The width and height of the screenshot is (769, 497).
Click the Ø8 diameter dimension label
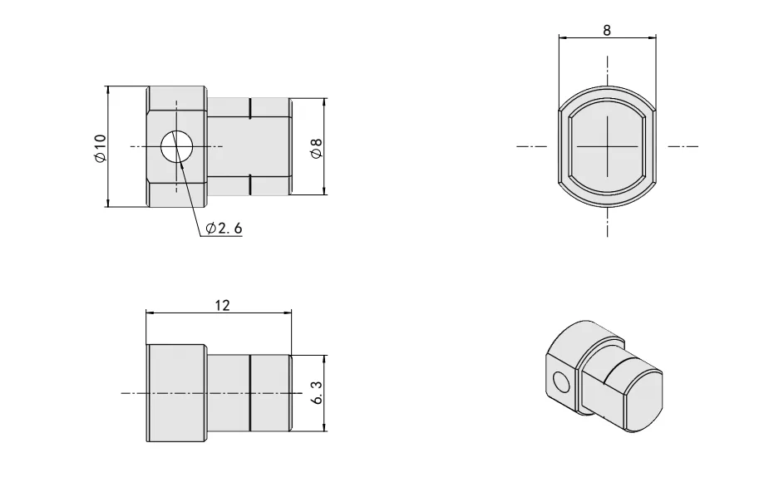[316, 148]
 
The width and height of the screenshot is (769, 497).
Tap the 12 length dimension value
[221, 305]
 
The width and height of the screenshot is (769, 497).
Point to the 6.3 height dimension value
[316, 393]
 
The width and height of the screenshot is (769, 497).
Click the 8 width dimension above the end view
[607, 31]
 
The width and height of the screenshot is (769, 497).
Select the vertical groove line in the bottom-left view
[249, 392]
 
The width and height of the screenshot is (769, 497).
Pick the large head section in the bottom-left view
[176, 392]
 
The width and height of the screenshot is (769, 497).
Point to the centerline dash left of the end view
[532, 146]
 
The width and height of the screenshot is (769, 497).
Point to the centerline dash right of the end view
[683, 146]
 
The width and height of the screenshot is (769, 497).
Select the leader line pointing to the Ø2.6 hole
[190, 192]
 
